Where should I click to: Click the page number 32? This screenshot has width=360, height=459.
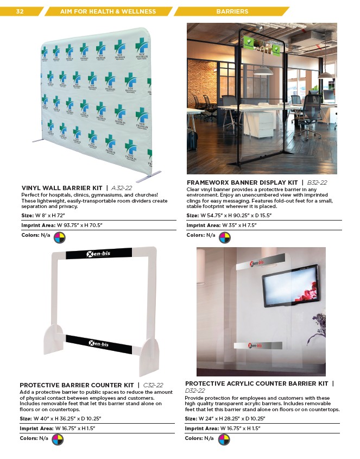tap(20, 11)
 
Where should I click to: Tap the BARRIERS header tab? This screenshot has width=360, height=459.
tap(232, 11)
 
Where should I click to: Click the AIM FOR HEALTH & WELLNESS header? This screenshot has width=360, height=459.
tap(108, 11)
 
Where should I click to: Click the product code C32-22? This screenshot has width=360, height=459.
tap(153, 385)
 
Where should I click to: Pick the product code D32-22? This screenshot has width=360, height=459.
tap(195, 390)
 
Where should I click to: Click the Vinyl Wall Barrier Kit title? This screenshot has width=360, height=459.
tap(61, 188)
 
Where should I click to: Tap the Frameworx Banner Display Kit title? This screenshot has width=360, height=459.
tap(242, 182)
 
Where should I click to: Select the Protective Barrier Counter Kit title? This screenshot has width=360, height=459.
tap(77, 385)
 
